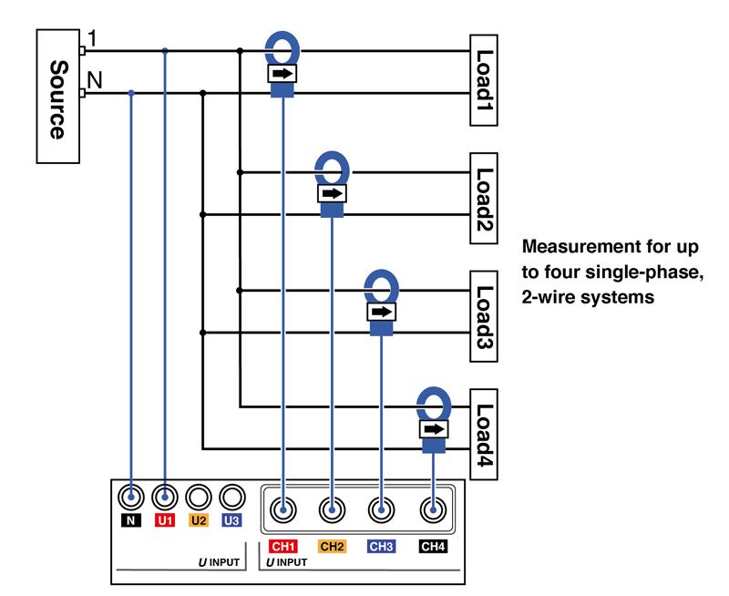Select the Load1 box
click(485, 80)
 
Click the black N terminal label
click(132, 521)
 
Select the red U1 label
click(165, 521)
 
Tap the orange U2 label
click(199, 521)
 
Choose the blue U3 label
click(231, 521)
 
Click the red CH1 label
click(283, 547)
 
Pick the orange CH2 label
click(333, 547)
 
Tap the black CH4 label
click(433, 547)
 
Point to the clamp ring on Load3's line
click(381, 286)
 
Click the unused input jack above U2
click(199, 497)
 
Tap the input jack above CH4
click(433, 509)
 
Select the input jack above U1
click(165, 497)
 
